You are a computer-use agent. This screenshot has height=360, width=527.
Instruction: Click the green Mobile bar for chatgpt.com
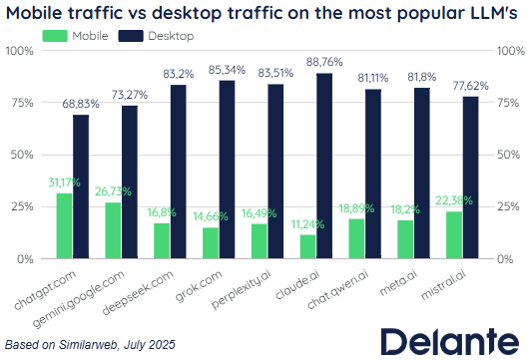(64, 225)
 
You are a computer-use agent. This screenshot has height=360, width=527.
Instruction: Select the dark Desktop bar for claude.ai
(324, 166)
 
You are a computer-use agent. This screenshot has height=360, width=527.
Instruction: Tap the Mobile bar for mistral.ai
(454, 234)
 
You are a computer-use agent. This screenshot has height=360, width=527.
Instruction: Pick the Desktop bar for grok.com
(227, 170)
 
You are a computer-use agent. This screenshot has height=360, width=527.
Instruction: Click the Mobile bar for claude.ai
(307, 246)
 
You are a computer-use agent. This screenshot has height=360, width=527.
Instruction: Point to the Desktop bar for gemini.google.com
(130, 182)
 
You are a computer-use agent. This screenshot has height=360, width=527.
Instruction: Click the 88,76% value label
(324, 62)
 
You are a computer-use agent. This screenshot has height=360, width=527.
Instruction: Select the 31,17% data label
(64, 182)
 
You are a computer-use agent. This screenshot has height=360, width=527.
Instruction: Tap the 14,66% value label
(211, 216)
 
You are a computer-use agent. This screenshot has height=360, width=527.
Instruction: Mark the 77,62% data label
(470, 86)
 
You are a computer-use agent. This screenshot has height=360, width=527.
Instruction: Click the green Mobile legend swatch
(55, 36)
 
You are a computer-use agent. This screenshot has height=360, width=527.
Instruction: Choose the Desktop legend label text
(171, 36)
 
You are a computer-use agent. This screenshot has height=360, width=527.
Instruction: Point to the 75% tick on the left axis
(23, 103)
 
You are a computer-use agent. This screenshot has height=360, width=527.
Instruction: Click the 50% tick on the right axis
(508, 155)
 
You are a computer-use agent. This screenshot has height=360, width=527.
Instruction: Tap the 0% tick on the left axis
(25, 259)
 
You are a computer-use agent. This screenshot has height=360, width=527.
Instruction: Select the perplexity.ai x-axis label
(241, 289)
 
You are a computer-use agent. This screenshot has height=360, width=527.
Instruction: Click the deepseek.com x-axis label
(138, 292)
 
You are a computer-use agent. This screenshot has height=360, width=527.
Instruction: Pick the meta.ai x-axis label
(398, 283)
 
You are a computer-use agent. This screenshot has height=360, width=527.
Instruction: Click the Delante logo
(450, 341)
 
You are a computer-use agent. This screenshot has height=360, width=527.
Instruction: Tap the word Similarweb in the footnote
(88, 345)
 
